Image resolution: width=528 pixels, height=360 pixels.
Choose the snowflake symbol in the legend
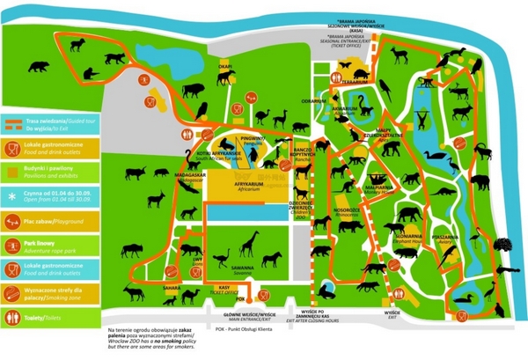[13, 195]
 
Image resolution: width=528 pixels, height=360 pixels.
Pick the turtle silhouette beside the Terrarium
[360, 68]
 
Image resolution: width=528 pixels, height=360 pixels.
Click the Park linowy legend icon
[13, 245]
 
